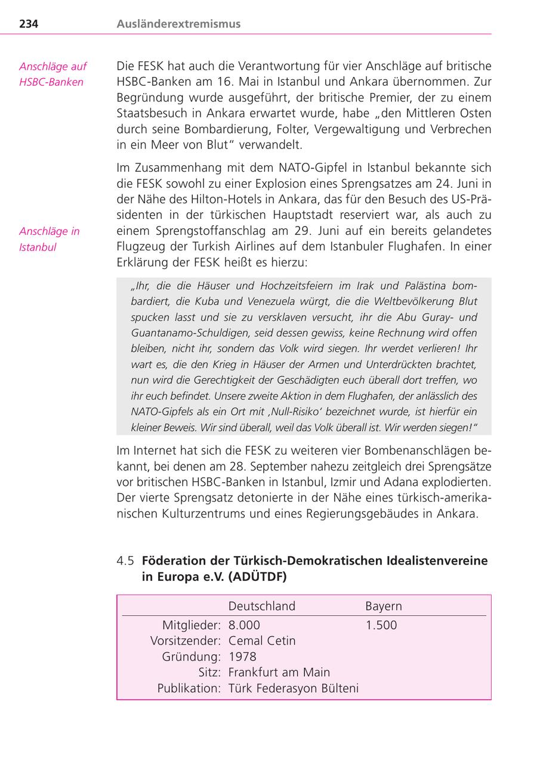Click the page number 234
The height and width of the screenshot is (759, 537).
(29, 24)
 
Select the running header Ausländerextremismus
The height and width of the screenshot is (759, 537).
(178, 24)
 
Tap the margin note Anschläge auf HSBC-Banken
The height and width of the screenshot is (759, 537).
(53, 74)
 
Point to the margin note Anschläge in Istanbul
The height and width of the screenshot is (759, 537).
(49, 239)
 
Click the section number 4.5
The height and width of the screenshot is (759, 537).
(125, 560)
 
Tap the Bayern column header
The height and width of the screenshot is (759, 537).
(383, 606)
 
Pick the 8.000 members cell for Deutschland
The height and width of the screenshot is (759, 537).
(244, 625)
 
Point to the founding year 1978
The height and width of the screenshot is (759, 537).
(242, 656)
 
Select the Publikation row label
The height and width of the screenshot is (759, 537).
(189, 689)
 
